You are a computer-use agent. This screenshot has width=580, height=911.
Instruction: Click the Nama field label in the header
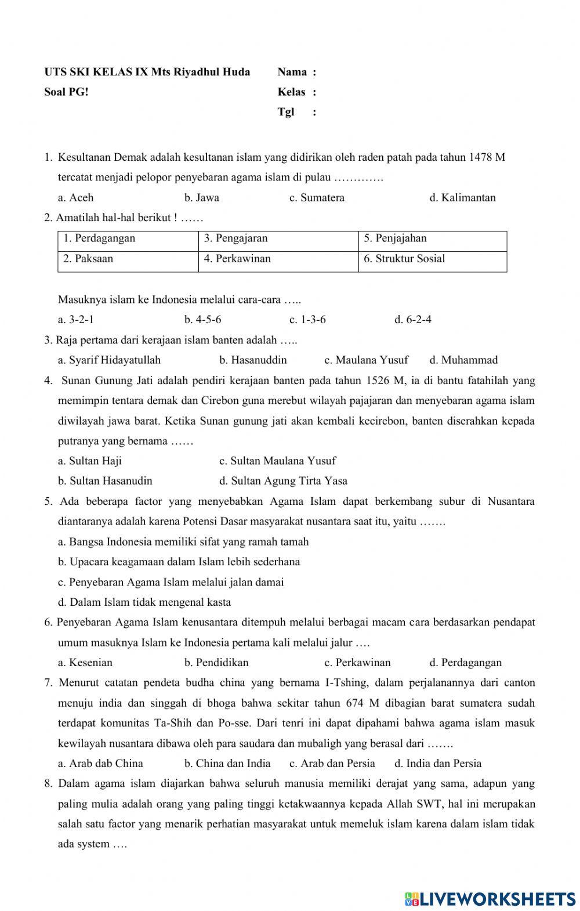tap(292, 72)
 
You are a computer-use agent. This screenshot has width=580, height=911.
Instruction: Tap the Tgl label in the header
tap(286, 112)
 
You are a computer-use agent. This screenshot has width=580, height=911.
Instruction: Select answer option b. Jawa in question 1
tap(201, 197)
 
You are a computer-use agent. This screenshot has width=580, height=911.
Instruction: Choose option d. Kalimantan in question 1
tap(462, 197)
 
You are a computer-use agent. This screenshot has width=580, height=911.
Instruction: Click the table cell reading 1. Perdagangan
tap(99, 238)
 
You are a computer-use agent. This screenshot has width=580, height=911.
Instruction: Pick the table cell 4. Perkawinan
tap(237, 259)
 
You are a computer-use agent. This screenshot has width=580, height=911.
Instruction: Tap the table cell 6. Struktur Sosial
tap(404, 259)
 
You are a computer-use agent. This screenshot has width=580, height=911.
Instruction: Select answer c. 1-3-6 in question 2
tap(307, 320)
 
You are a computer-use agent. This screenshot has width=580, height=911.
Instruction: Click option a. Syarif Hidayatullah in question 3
tap(109, 360)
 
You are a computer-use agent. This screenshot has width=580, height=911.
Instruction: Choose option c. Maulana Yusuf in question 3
tap(366, 360)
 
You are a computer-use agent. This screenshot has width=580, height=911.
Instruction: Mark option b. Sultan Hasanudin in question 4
tap(105, 481)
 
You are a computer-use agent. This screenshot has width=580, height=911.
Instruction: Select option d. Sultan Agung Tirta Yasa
tap(283, 481)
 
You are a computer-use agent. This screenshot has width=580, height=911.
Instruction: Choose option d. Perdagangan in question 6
tap(465, 663)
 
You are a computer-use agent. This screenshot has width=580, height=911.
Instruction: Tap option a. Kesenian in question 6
tap(85, 663)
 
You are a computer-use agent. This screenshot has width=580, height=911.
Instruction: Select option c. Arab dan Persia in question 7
tap(332, 764)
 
